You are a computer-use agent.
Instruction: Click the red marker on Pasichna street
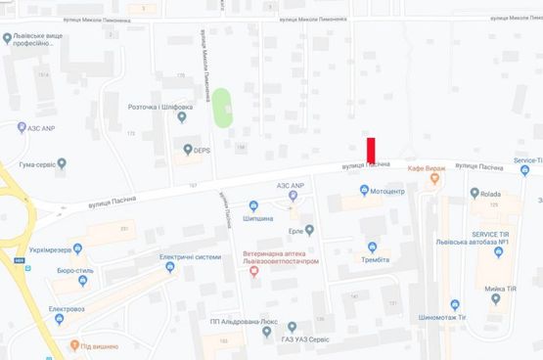tap(371, 152)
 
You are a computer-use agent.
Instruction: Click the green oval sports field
tap(223, 107)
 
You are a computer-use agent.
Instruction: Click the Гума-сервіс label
tap(32, 163)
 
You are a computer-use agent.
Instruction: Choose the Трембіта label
tap(372, 259)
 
